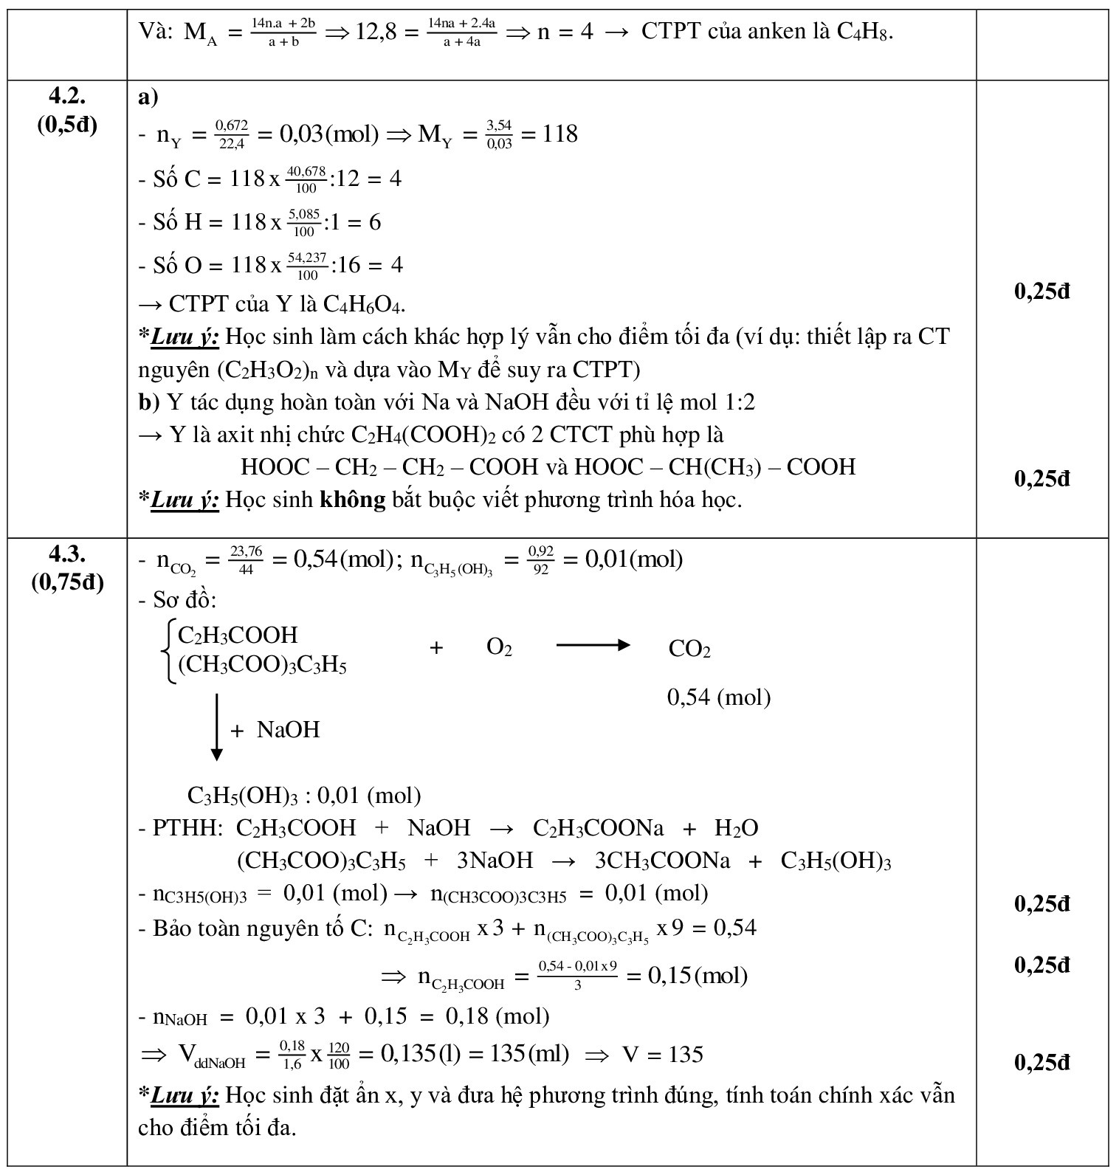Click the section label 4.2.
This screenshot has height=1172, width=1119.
(67, 96)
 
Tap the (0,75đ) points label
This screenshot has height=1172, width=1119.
(67, 582)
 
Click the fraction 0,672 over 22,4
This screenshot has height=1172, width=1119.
(231, 135)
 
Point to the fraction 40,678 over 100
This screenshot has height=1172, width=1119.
(306, 179)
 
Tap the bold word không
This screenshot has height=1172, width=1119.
(352, 500)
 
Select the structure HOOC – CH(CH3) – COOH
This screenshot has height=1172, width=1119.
(715, 467)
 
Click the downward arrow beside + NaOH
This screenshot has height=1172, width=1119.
(216, 726)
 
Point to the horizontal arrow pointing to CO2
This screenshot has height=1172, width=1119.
(592, 646)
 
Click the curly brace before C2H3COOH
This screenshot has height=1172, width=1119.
(169, 652)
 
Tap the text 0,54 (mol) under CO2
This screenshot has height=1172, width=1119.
(718, 697)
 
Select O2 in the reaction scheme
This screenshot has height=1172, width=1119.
(499, 647)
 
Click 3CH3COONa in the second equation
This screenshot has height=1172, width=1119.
(662, 861)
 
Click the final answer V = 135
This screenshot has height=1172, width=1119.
(663, 1055)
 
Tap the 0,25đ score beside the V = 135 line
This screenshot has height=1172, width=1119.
(1041, 1063)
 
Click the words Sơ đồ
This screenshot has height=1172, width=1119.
(185, 600)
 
